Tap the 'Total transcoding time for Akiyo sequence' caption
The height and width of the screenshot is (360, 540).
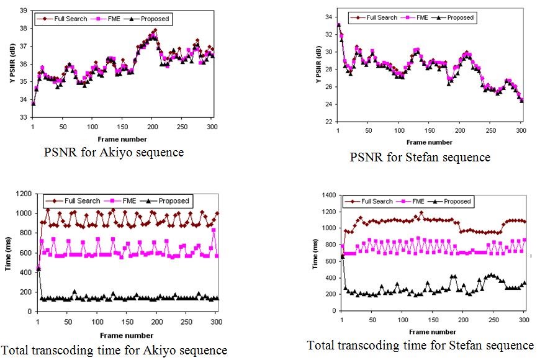114,351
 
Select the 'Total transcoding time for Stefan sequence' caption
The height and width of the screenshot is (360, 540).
420,345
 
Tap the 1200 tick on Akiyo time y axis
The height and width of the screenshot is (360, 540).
22,194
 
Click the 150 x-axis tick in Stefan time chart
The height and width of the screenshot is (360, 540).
430,320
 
